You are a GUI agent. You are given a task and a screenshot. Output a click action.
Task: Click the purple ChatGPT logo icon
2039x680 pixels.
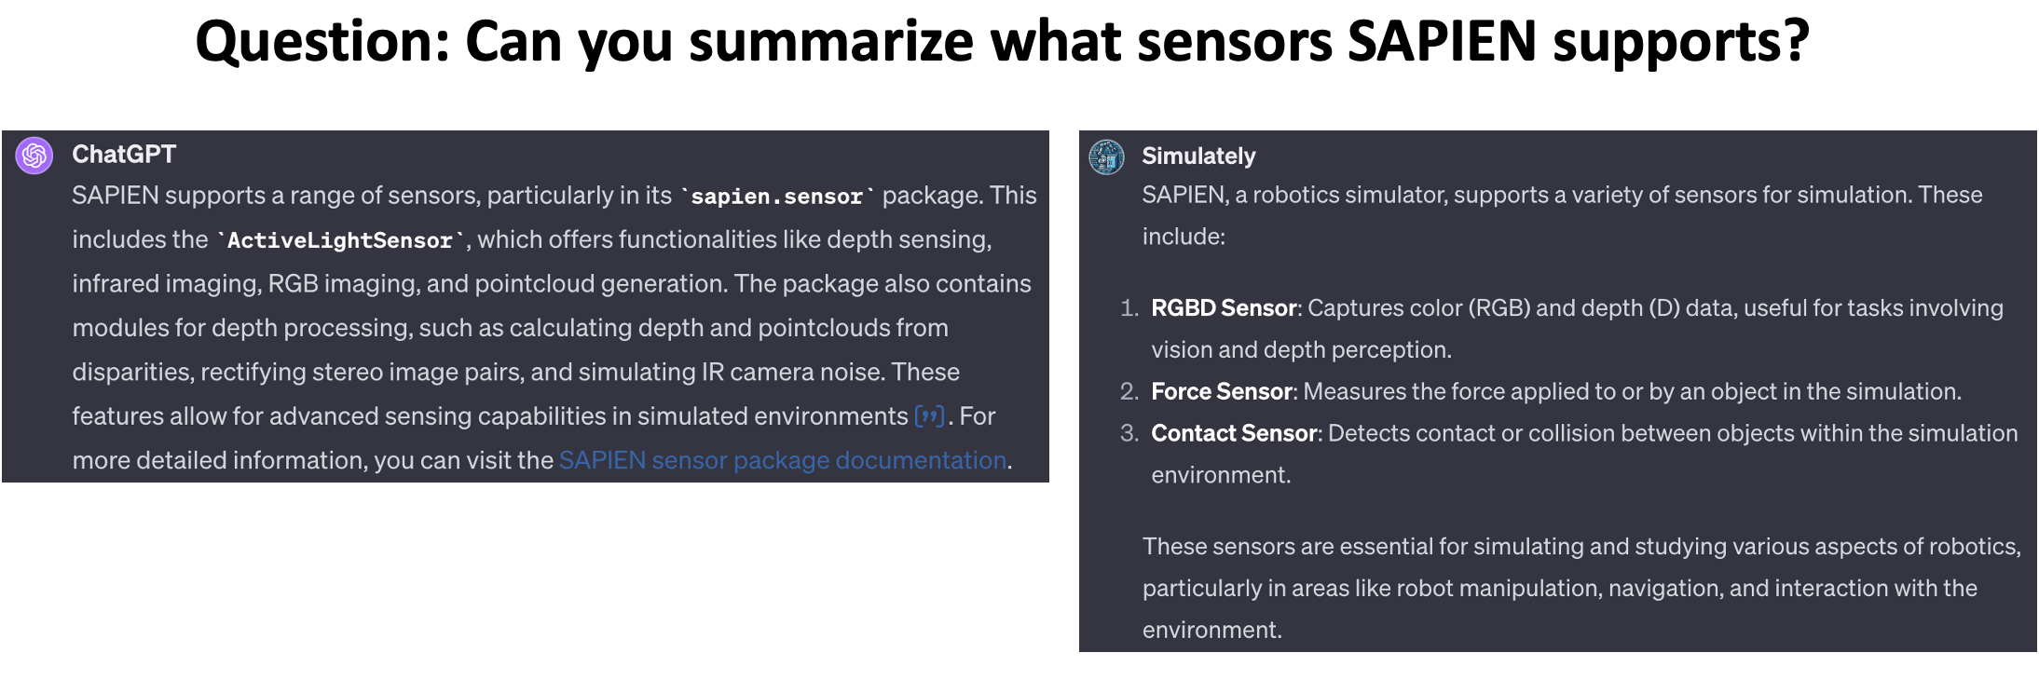34,156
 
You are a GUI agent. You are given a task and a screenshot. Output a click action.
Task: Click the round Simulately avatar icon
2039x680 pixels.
1107,157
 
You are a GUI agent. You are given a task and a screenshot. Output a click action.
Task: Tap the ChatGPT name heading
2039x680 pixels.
124,154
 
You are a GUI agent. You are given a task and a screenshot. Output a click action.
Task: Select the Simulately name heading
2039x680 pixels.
1198,156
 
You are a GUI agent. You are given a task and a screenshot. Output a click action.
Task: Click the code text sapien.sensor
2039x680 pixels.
777,197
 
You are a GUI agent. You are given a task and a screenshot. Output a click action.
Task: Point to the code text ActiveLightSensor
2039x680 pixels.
340,240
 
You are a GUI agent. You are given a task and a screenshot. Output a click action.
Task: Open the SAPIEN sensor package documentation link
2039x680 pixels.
783,460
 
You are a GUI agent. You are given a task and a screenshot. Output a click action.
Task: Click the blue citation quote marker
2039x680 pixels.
930,415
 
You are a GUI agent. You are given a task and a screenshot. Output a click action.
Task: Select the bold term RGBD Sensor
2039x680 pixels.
1224,308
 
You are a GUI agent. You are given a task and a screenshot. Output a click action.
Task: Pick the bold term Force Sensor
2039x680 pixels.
1222,391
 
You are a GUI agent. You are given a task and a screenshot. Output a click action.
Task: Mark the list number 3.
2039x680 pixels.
1129,433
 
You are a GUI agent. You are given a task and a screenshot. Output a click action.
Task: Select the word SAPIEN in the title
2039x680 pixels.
1442,41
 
